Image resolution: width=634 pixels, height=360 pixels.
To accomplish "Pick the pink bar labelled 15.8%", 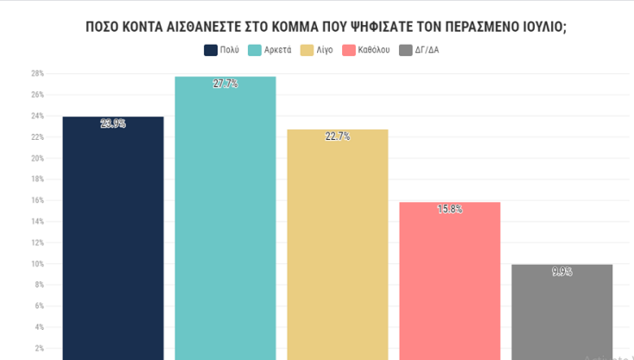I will point(449,281).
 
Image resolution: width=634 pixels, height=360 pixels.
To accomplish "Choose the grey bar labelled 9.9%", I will point(561,311).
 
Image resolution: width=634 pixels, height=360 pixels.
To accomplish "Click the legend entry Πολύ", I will point(221,50).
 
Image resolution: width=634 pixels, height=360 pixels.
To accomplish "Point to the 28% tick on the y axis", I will point(38,74).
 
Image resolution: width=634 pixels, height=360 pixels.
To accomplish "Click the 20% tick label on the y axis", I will point(38,159).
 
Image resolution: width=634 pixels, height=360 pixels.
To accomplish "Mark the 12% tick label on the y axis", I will point(38,243).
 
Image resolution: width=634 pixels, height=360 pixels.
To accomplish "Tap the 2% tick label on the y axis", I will point(40,348).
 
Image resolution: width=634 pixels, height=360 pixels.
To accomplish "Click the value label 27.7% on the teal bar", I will point(225,84).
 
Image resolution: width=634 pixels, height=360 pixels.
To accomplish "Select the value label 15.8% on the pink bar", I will point(449,209).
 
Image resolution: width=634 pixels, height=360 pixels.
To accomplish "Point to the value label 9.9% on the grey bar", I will point(561,272).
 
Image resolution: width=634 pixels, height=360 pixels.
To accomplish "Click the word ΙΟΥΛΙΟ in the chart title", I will point(534,26).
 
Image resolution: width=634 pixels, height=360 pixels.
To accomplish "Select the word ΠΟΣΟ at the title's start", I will point(102,26).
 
